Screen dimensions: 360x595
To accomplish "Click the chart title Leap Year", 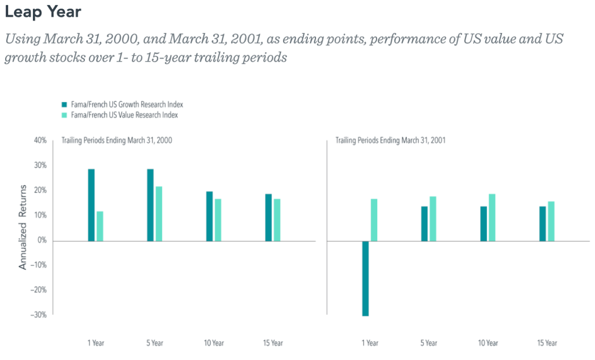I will point(43,11).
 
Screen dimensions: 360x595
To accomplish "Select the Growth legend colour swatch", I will point(64,105).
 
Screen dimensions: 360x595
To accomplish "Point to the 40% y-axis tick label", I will point(40,141).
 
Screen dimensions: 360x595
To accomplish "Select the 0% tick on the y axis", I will point(41,240).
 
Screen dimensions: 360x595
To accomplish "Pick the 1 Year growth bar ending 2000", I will point(91,204).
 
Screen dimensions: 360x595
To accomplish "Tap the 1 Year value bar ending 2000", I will point(100,226).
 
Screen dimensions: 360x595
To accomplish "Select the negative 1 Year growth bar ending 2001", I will point(365,278).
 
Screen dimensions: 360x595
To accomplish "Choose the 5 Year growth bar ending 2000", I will point(150,204).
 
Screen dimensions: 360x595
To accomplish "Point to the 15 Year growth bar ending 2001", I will point(543,223).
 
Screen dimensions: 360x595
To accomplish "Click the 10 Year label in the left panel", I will point(214,343).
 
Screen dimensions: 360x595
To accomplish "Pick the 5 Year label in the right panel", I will point(429,343).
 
